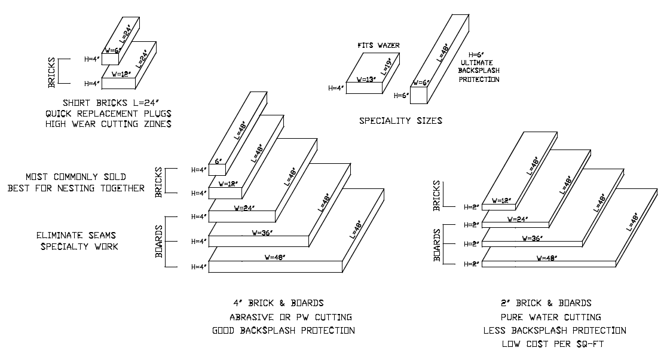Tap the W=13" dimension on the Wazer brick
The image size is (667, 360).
pyautogui.click(x=369, y=79)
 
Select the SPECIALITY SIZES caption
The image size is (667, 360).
pyautogui.click(x=400, y=121)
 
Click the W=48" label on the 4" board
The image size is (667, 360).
pyautogui.click(x=279, y=258)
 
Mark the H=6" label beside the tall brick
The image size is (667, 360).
pyautogui.click(x=400, y=95)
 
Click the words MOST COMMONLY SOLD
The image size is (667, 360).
pyautogui.click(x=75, y=178)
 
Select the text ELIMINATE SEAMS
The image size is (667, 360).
pyautogui.click(x=75, y=236)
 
